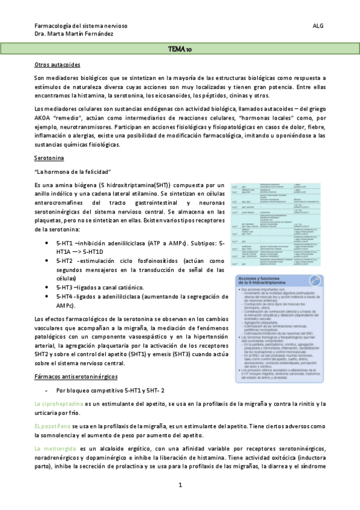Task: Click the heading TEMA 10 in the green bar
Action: coord(180,49)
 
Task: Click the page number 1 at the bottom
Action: coord(180,485)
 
